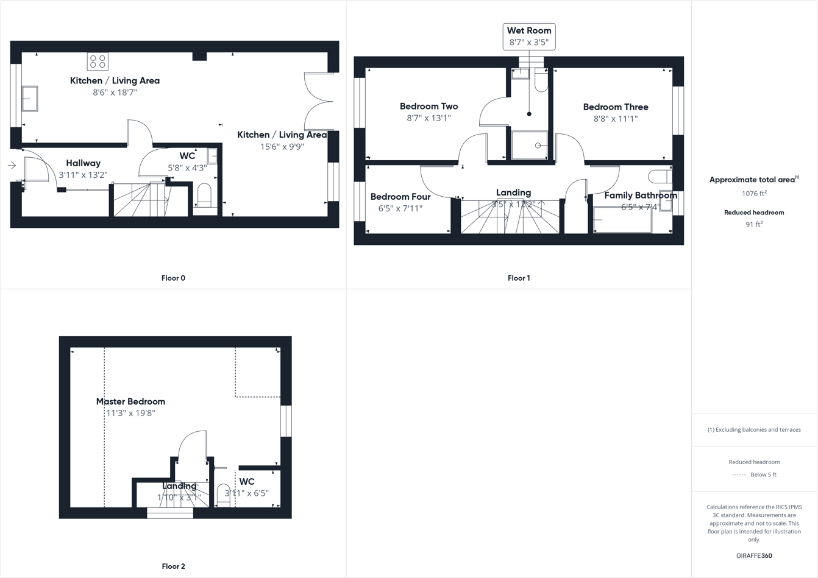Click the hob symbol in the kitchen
98,62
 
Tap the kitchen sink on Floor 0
29,99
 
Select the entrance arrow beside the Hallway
12,165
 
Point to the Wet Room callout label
529,37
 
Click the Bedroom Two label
429,106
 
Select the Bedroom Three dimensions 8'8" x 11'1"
616,119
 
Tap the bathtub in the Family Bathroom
622,220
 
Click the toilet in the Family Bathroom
660,177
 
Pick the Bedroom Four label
400,197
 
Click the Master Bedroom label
130,401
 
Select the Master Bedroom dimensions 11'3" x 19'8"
130,413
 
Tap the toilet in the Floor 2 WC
224,495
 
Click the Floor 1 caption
519,278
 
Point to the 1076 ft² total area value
754,194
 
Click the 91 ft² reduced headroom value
754,224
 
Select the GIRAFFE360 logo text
754,555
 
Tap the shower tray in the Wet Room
529,146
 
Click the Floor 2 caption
173,566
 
